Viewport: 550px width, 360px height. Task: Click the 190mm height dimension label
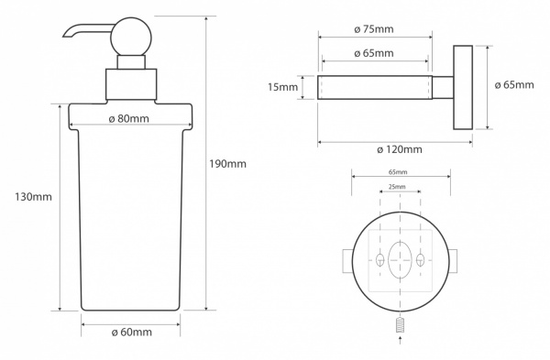point(227,164)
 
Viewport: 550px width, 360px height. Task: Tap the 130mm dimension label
point(33,197)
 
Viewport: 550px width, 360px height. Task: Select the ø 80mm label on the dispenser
point(128,118)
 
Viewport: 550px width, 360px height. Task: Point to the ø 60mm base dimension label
point(132,332)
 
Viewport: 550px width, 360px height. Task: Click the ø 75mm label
point(374,29)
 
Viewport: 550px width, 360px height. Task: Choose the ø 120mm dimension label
point(400,149)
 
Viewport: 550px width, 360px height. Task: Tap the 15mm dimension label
point(282,87)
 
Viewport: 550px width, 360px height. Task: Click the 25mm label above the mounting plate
point(397,187)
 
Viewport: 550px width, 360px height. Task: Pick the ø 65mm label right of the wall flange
point(514,85)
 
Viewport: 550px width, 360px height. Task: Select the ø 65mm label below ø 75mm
point(374,53)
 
